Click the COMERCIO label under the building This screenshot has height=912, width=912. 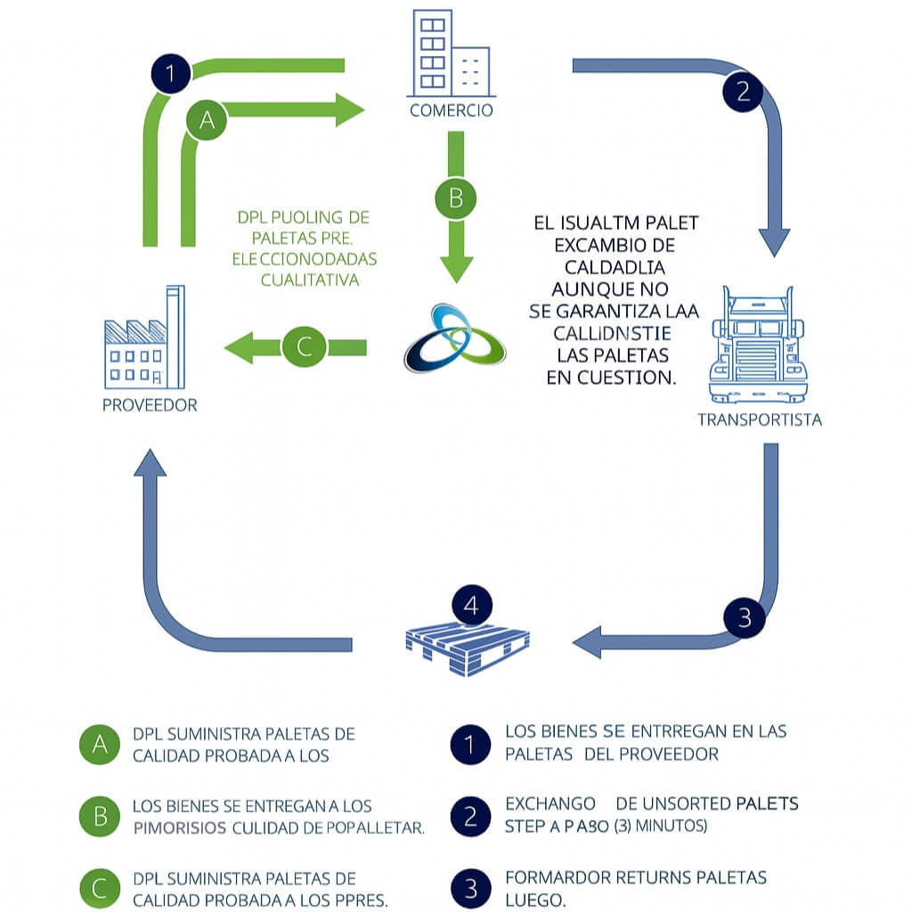[x=451, y=111]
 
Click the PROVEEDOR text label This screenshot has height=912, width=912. [x=150, y=405]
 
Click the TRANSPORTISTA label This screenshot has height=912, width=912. [x=759, y=419]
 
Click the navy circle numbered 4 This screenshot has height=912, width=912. [x=472, y=607]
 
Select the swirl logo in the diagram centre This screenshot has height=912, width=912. [x=454, y=339]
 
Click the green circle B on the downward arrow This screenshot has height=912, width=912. [x=455, y=198]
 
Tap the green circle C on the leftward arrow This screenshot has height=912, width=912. [x=305, y=346]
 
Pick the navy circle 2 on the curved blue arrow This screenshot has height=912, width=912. [x=743, y=90]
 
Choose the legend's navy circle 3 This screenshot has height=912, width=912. [x=471, y=887]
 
